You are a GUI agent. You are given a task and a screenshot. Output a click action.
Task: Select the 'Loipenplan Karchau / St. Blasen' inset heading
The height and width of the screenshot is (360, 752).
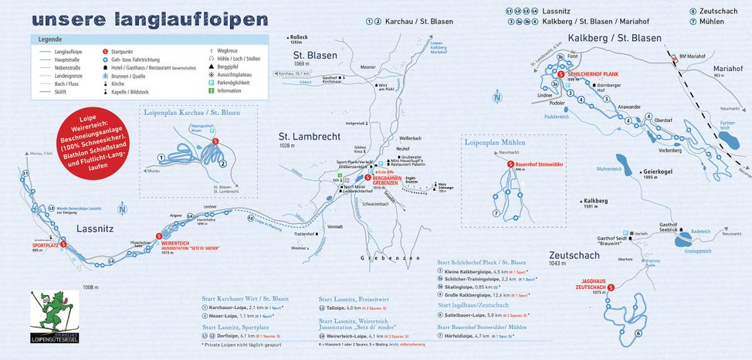(x=191, y=113)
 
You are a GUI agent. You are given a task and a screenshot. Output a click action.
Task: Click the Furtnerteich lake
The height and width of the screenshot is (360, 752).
(x=727, y=140)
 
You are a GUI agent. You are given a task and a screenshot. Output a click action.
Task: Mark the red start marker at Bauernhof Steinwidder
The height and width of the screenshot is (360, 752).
(x=510, y=165)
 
